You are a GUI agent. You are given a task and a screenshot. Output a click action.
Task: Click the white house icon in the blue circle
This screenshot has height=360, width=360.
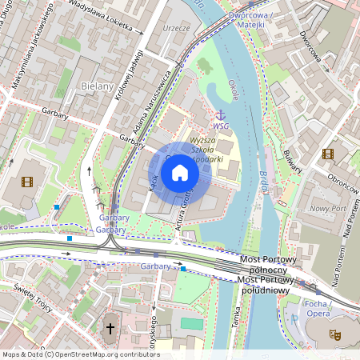coord(180,173)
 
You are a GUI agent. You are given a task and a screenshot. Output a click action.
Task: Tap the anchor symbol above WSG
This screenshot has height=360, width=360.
coord(221,114)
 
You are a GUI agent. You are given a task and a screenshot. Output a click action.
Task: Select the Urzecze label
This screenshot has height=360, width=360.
coord(175,27)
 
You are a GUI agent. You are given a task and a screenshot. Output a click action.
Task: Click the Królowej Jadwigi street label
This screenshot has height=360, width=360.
coord(122,78)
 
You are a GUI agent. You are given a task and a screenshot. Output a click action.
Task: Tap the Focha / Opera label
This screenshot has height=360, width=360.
coord(318,309)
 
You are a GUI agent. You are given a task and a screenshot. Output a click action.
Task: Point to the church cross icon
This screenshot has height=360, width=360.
coord(110,328)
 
